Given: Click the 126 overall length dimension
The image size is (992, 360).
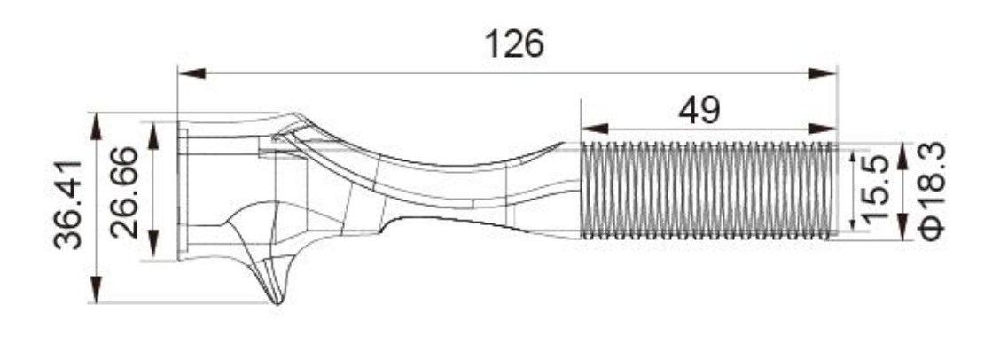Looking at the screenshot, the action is click(513, 44).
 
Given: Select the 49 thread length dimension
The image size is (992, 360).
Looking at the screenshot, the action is click(699, 112).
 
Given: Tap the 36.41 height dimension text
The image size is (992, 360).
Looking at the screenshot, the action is click(68, 204).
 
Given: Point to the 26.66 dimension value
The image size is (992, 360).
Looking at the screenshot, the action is click(124, 192).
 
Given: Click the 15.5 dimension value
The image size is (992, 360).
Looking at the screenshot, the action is click(875, 189).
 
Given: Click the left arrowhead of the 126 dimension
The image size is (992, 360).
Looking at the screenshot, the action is click(191, 74).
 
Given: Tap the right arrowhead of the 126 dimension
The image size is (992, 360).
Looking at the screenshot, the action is click(823, 74).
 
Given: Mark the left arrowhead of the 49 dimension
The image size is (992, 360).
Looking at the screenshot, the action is click(594, 129).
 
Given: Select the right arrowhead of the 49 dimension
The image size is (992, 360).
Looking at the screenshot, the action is click(823, 129).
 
